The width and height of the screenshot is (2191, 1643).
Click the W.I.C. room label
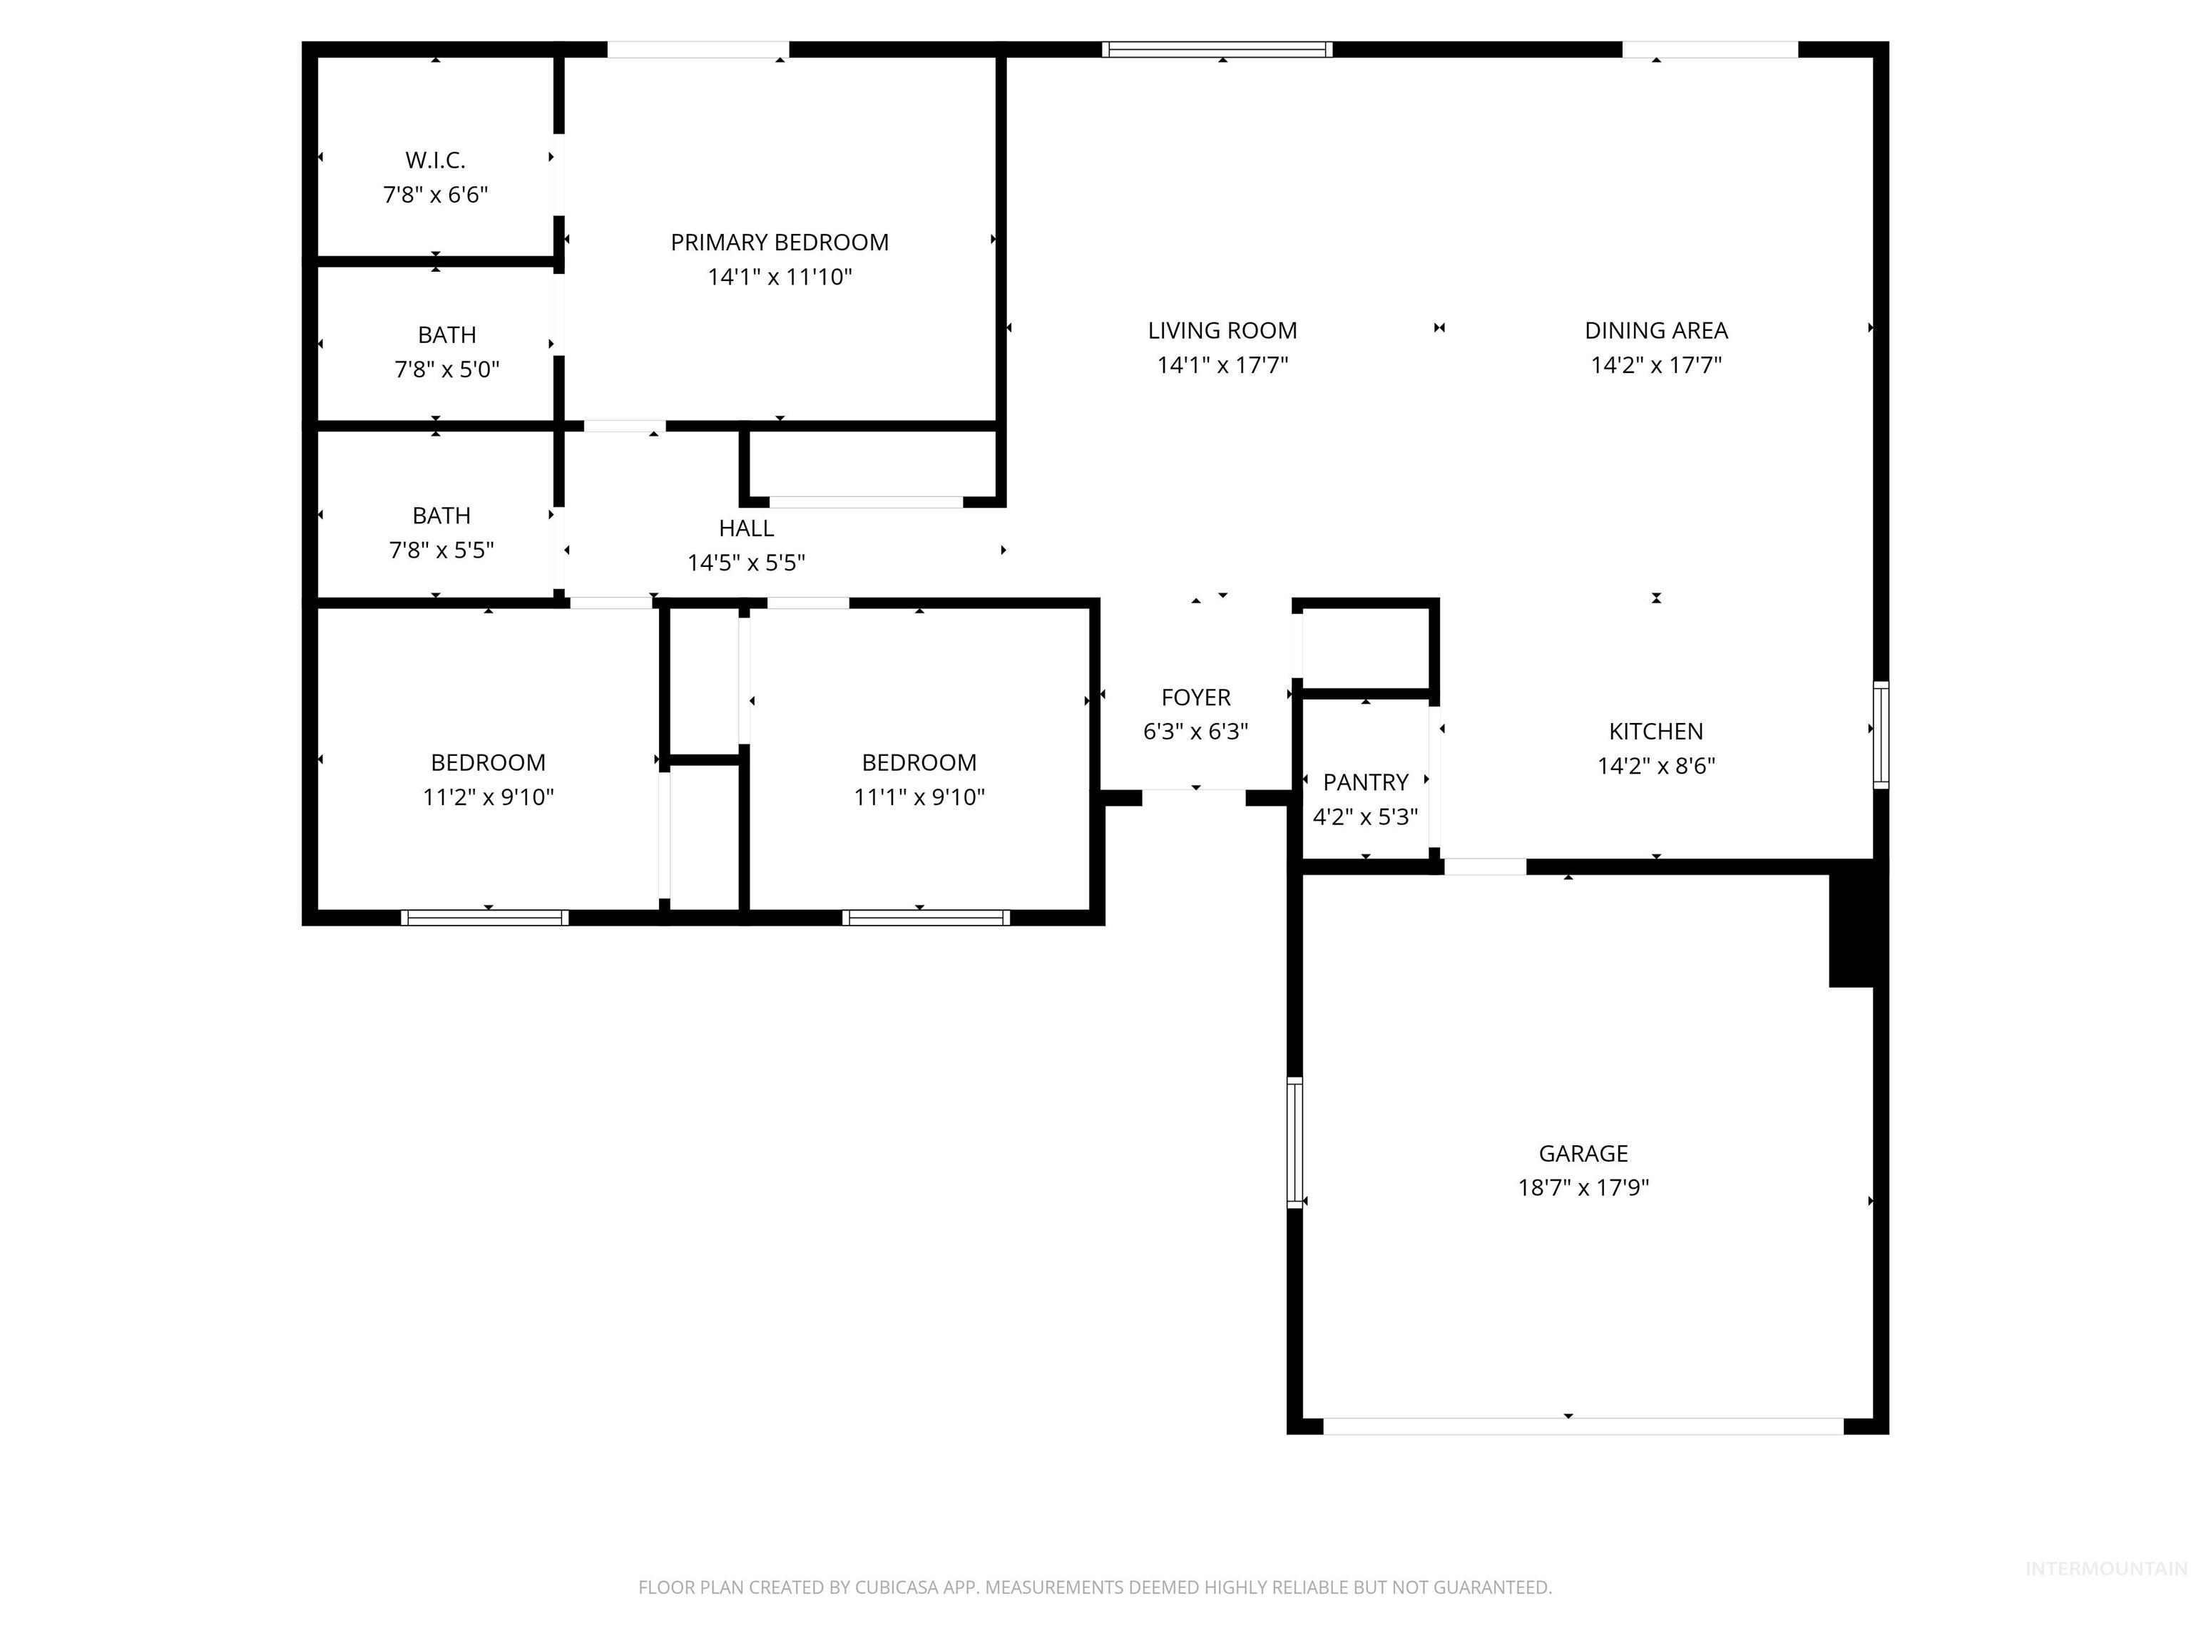click(x=435, y=160)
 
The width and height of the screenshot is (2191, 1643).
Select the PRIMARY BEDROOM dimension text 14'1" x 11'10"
click(x=780, y=277)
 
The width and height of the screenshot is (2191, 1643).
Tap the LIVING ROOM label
click(x=1222, y=331)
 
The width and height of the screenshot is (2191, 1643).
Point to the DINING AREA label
click(x=1656, y=331)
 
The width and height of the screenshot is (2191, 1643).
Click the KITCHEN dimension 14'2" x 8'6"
click(x=1656, y=766)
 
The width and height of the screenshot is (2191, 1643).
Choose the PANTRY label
click(x=1365, y=782)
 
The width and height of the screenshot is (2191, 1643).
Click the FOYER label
click(x=1195, y=697)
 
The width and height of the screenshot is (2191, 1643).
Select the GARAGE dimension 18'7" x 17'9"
click(x=1583, y=1187)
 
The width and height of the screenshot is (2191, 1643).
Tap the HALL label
click(x=746, y=528)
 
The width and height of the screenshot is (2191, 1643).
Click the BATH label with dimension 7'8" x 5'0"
click(x=446, y=334)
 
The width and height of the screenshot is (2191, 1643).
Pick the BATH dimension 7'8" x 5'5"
click(x=441, y=550)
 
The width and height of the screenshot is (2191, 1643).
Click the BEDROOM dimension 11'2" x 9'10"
click(x=489, y=797)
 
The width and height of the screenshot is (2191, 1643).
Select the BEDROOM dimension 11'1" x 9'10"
click(x=919, y=797)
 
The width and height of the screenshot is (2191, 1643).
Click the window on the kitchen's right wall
click(x=1880, y=735)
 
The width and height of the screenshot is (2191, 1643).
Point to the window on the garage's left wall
click(x=1294, y=1142)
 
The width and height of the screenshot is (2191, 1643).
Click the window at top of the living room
click(x=1217, y=49)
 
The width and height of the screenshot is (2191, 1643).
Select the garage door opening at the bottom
click(x=1583, y=1426)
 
